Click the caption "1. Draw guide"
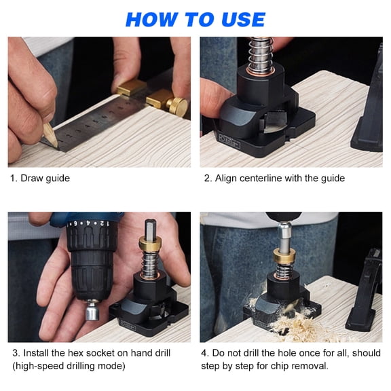[39, 179]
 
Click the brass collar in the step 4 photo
[284, 257]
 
